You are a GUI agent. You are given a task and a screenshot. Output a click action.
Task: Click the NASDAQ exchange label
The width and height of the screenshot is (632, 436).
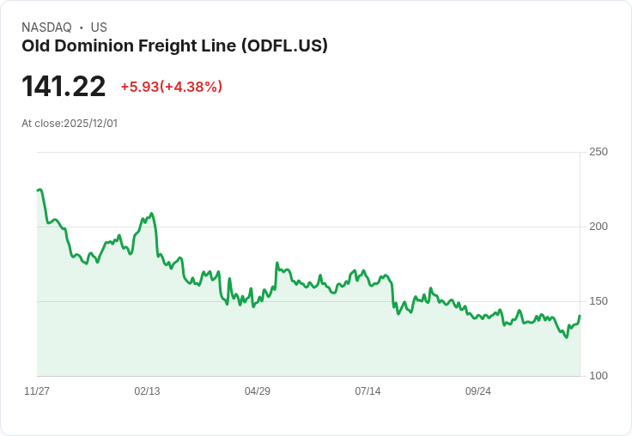coord(46,27)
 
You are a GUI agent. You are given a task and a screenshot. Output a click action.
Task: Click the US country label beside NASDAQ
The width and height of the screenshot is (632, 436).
coord(99,27)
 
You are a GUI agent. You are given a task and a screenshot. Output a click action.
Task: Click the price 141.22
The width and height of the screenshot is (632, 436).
coord(64,87)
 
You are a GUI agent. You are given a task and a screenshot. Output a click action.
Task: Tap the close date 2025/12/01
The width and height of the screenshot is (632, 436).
coord(90,124)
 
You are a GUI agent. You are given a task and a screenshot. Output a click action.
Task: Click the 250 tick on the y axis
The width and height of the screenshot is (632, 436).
coord(598,152)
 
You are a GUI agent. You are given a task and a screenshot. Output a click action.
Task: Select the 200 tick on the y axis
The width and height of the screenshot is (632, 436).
coord(598,227)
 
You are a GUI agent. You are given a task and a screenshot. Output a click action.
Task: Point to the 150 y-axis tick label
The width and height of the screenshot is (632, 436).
coord(598,301)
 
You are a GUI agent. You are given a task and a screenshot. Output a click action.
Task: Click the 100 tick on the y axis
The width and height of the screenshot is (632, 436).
coord(598,376)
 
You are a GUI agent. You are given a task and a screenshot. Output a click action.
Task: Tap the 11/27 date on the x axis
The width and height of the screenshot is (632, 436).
coord(37,391)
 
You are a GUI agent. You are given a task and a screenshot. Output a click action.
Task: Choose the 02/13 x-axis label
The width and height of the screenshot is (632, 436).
coord(147,391)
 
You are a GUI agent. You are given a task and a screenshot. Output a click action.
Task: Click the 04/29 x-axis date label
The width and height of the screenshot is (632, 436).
coord(258,391)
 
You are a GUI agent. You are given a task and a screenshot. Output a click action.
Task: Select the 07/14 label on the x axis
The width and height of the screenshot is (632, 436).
coord(368,391)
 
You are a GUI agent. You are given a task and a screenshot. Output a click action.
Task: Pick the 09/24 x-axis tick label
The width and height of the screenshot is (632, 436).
coord(478,391)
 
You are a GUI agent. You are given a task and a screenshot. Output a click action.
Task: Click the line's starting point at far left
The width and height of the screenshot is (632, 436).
coord(38,191)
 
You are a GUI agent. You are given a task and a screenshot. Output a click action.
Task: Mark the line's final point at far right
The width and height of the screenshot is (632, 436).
coord(580,316)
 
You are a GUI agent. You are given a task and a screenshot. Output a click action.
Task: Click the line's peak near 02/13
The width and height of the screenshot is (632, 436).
coord(151,214)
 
